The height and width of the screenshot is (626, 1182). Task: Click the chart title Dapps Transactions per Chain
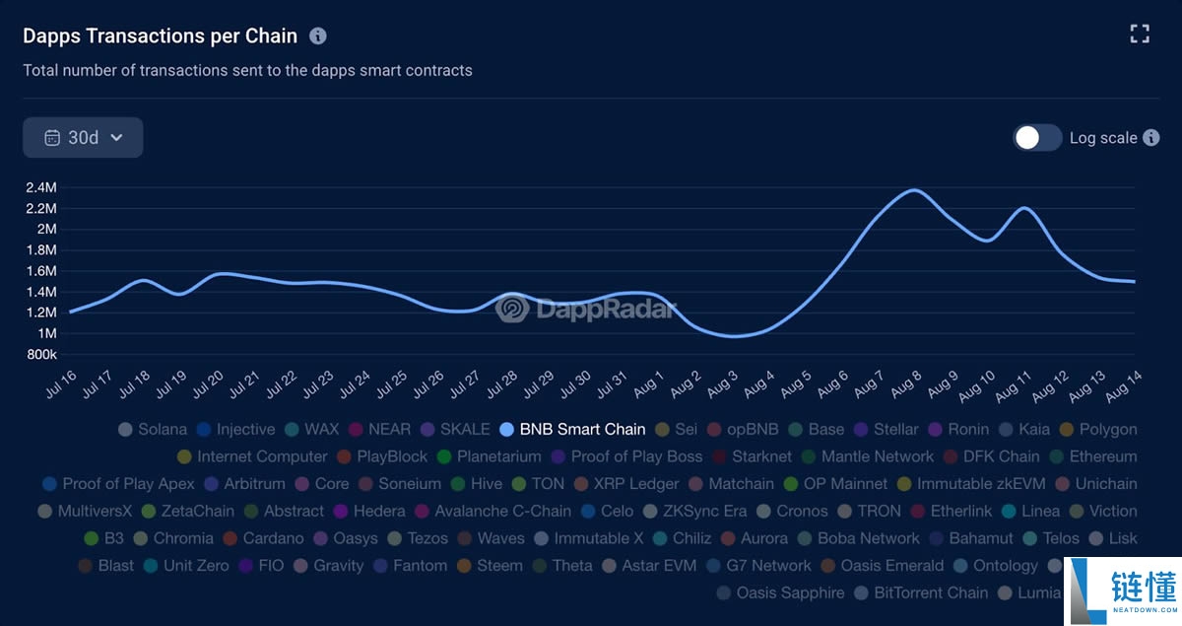[x=160, y=35]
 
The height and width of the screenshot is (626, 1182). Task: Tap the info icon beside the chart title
[x=318, y=36]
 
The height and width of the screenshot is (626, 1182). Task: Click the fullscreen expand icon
[x=1140, y=35]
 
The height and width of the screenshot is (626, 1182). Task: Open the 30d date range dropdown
[x=83, y=138]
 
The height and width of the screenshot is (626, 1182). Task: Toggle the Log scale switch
[x=1037, y=138]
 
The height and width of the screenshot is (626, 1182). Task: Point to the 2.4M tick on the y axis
[x=40, y=187]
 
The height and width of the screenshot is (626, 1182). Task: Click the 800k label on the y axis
[x=40, y=354]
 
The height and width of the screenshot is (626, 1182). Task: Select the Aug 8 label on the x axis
[x=907, y=385]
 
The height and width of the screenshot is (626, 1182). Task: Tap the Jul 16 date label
[x=61, y=385]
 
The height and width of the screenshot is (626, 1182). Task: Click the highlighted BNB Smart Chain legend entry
[x=573, y=429]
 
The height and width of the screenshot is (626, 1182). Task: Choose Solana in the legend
[x=153, y=429]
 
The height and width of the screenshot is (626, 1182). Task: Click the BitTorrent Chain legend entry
[x=921, y=592]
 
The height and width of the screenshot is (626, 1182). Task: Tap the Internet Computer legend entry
[x=252, y=456]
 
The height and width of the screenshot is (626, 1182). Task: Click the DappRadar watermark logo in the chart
[x=587, y=310]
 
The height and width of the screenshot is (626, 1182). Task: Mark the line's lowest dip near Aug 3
[x=734, y=336]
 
